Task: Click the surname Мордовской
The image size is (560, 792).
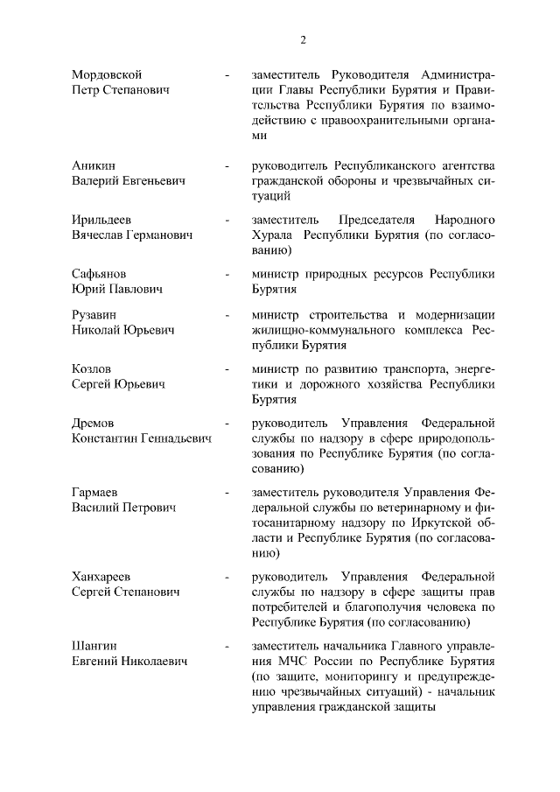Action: [x=107, y=74]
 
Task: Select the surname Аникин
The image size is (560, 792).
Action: [x=94, y=165]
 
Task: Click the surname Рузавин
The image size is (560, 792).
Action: [x=96, y=314]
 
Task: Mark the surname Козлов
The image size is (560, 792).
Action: [x=92, y=368]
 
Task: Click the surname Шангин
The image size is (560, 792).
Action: [x=95, y=645]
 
